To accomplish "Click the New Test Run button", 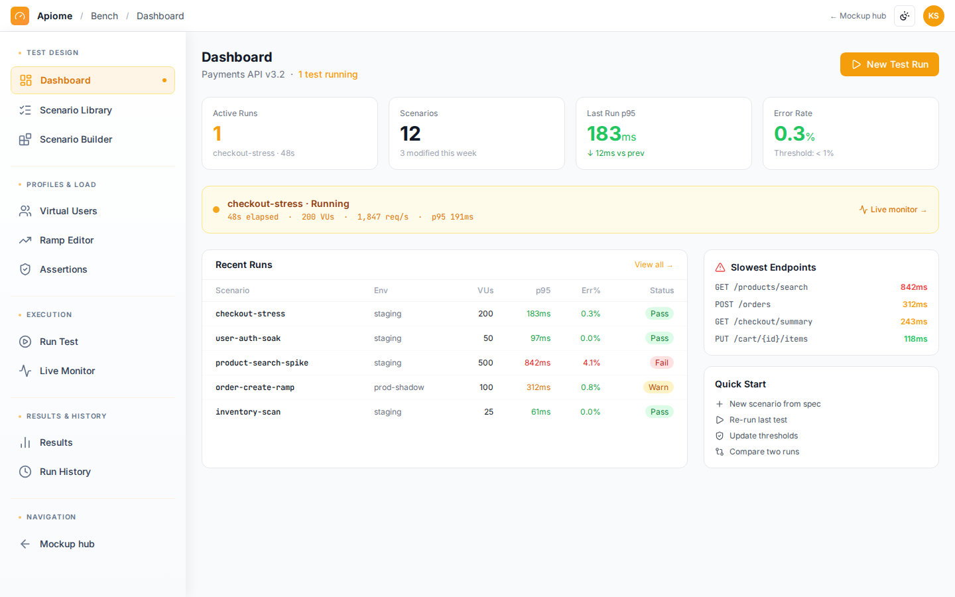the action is pyautogui.click(x=889, y=64).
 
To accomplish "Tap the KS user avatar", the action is pyautogui.click(x=933, y=16).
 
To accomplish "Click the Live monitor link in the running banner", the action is pyautogui.click(x=893, y=210).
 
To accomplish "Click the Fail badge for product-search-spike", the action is pyautogui.click(x=662, y=363).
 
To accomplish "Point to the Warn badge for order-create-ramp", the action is pyautogui.click(x=659, y=387).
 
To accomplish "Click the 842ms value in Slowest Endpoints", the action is pyautogui.click(x=914, y=287).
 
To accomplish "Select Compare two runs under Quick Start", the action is pyautogui.click(x=764, y=452).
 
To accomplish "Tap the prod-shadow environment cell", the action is pyautogui.click(x=399, y=387).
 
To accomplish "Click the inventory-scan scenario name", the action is pyautogui.click(x=248, y=412).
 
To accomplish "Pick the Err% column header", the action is pyautogui.click(x=590, y=291).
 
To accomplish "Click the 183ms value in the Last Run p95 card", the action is pyautogui.click(x=611, y=134).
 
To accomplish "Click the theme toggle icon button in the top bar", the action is pyautogui.click(x=905, y=16).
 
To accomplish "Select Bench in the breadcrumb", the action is pyautogui.click(x=105, y=16).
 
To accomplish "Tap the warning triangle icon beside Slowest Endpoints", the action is pyautogui.click(x=720, y=267).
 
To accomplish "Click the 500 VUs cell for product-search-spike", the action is pyautogui.click(x=485, y=363).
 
